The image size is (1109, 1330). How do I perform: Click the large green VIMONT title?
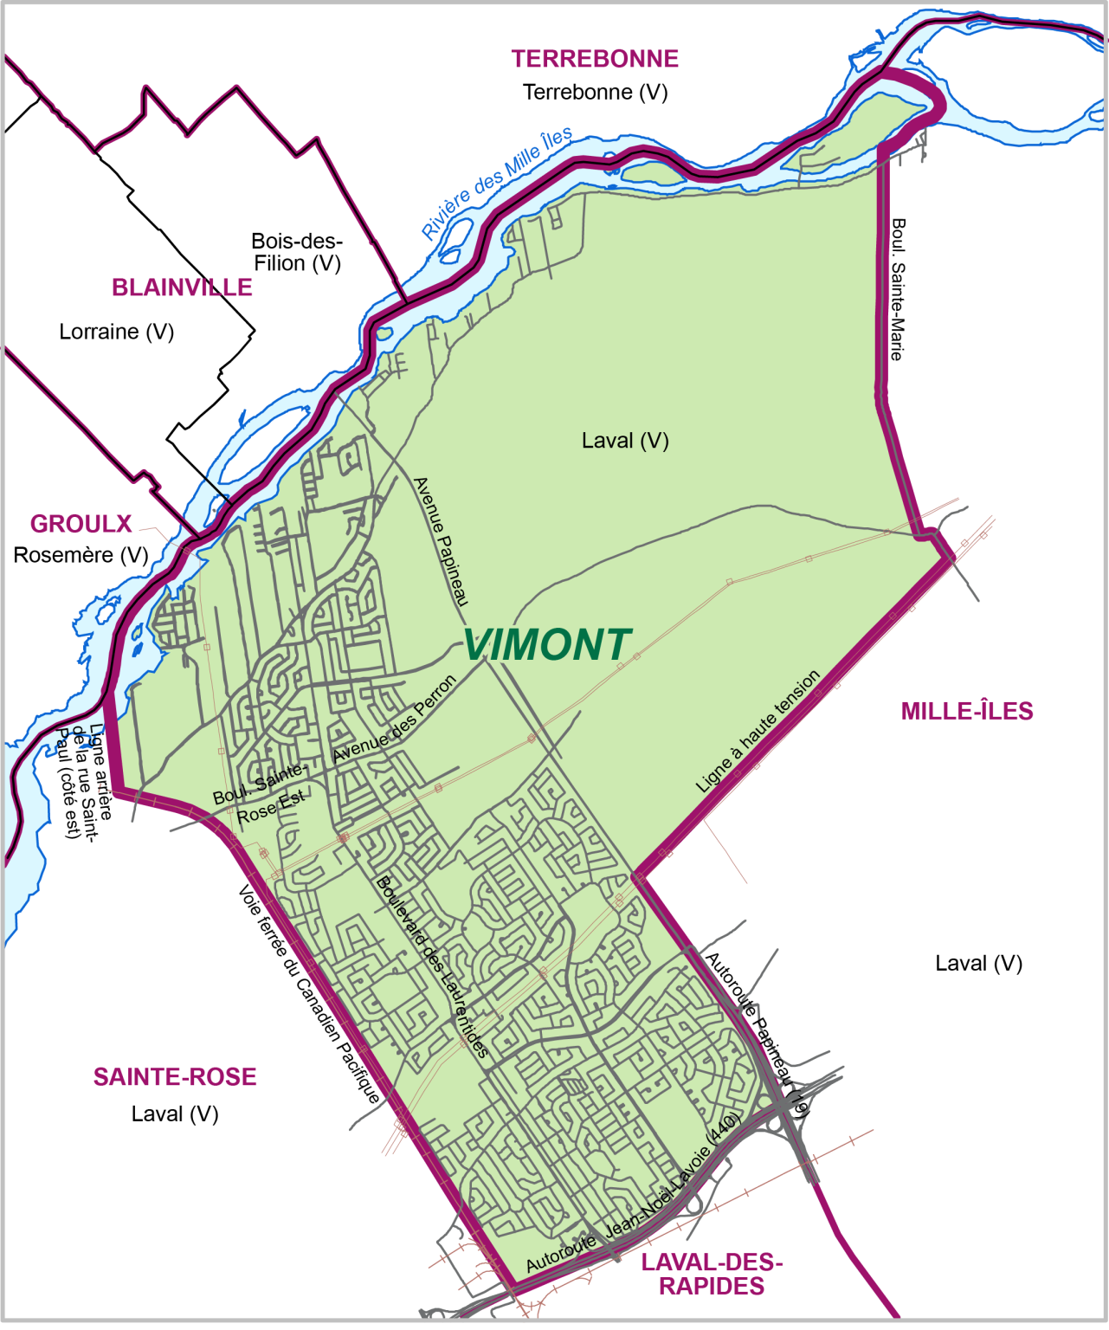click(x=547, y=645)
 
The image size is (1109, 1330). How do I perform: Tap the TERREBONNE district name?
click(x=595, y=59)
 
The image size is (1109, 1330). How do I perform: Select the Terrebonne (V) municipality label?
click(x=595, y=92)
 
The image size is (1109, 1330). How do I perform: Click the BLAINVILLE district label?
click(x=182, y=287)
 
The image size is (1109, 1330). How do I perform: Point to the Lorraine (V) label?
click(x=117, y=332)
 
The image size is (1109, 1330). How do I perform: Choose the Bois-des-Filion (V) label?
click(x=297, y=252)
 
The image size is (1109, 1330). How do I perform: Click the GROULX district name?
click(x=81, y=524)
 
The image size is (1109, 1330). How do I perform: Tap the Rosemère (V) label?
click(x=81, y=555)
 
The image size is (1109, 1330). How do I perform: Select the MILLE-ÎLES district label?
click(x=967, y=712)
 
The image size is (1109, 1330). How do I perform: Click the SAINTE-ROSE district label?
click(x=175, y=1077)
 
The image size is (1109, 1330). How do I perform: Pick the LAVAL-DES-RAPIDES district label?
click(x=712, y=1275)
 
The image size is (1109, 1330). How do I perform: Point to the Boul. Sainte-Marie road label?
click(x=898, y=289)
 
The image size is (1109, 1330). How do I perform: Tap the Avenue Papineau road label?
click(x=442, y=541)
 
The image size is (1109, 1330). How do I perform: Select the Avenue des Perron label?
click(x=395, y=719)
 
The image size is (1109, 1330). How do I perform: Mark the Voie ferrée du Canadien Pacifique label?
click(x=309, y=995)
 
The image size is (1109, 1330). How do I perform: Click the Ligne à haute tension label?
click(x=758, y=732)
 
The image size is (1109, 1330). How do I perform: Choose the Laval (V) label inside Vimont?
click(x=625, y=441)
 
